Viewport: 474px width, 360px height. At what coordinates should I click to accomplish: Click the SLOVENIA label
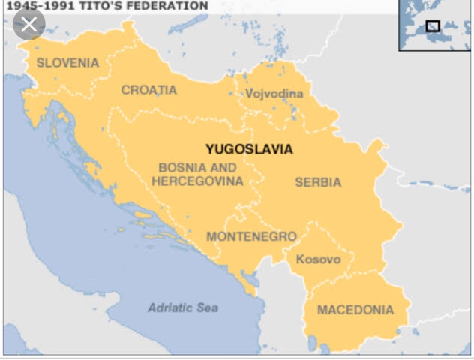coord(67,63)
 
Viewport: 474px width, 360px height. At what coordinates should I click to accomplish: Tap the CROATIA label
coord(149,90)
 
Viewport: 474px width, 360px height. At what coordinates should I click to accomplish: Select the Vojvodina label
coord(274,94)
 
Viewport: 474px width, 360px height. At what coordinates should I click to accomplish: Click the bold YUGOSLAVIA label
coord(249,149)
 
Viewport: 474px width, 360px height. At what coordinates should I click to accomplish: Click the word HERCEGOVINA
coord(197,181)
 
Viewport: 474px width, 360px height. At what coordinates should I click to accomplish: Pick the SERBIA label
coord(318,182)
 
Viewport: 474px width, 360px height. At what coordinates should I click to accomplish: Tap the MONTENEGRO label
coord(251,236)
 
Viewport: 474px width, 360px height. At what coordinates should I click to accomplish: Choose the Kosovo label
coord(318,259)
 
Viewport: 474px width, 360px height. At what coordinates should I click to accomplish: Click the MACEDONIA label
coord(355,310)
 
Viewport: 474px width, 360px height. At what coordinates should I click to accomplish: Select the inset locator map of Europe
coord(435,25)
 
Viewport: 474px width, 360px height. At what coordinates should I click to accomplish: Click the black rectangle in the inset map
coord(433,26)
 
